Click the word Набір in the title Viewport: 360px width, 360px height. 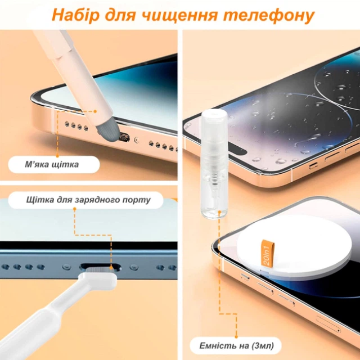point(76,15)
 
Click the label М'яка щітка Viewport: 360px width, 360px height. point(52,164)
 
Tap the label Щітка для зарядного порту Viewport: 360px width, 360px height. point(88,200)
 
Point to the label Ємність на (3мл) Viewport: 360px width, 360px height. point(236,345)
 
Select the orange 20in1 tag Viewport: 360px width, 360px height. point(268,253)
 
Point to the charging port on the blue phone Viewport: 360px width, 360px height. point(101,267)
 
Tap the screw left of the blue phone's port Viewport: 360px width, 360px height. point(66,267)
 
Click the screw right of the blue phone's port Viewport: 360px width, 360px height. point(134,267)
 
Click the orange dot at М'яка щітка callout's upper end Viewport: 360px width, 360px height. point(95,111)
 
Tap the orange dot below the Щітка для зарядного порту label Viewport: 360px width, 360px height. point(75,209)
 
